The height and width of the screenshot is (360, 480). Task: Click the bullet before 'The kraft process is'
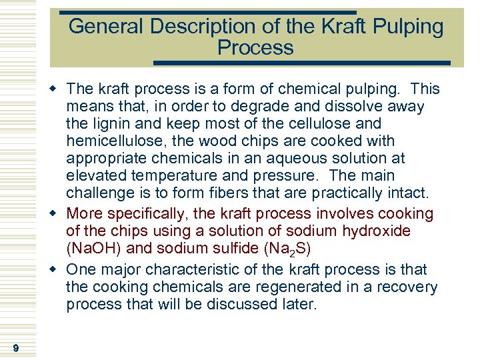coord(59,89)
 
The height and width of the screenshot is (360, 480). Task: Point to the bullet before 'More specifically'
coord(59,214)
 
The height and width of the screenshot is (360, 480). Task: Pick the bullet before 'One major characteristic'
coord(59,270)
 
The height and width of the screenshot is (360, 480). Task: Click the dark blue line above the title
coord(207,12)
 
